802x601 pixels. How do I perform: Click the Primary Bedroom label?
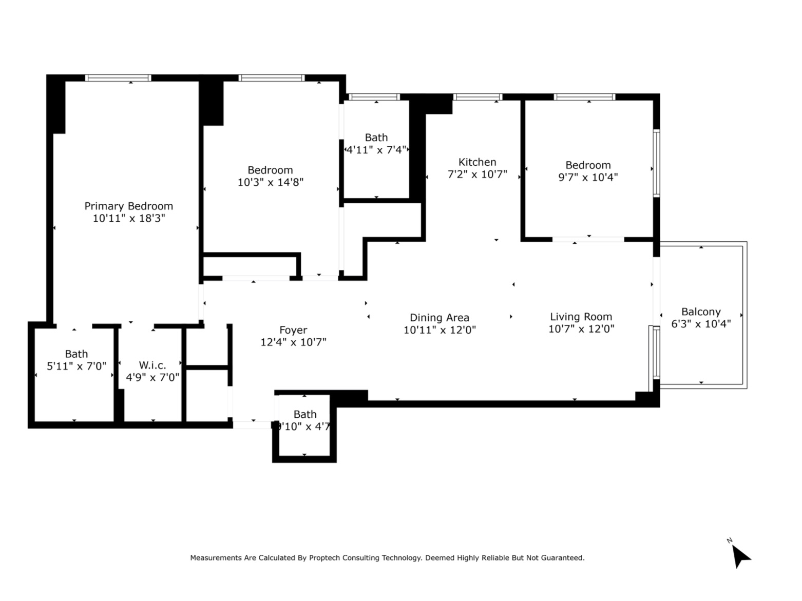[x=128, y=206]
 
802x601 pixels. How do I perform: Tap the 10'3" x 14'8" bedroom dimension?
[x=270, y=182]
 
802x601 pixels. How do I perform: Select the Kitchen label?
[x=477, y=162]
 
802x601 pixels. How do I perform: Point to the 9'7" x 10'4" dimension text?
[x=588, y=177]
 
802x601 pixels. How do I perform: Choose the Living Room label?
[x=581, y=317]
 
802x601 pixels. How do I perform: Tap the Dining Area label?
[x=439, y=318]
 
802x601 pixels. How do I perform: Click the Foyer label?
[x=293, y=330]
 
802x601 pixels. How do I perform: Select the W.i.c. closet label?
[x=152, y=365]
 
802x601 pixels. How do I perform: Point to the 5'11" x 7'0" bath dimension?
[x=77, y=366]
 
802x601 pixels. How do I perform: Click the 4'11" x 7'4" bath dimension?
[x=376, y=150]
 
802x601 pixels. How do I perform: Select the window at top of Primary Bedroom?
[x=118, y=78]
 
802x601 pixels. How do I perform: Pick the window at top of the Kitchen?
[x=478, y=97]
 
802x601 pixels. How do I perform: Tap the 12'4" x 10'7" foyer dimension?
[x=293, y=342]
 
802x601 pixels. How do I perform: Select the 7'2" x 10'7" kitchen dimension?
[x=477, y=175]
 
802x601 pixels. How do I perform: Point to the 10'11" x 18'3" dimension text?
[x=128, y=218]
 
